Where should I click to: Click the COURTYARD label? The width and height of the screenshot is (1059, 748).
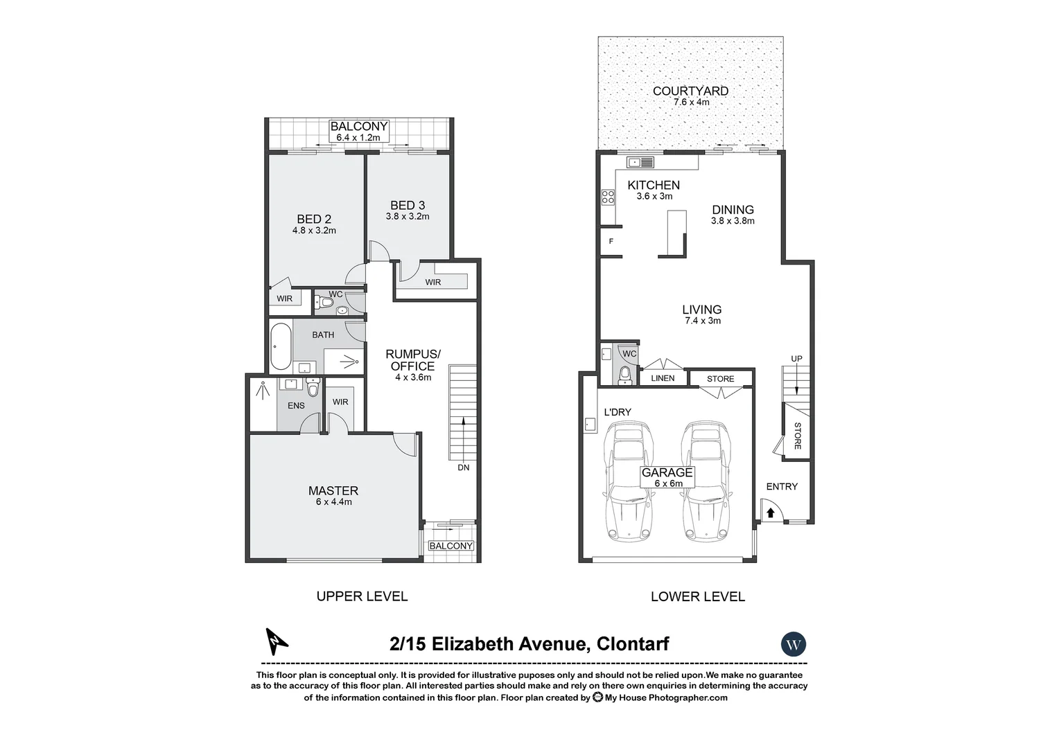(690, 91)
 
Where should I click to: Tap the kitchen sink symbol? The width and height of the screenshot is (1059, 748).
(640, 163)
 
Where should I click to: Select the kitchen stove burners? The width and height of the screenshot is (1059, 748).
(608, 197)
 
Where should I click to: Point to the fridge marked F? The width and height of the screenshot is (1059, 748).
(611, 242)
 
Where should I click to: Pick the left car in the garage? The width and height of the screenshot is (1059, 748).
(629, 481)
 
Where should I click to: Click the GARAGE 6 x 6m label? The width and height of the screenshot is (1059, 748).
(667, 477)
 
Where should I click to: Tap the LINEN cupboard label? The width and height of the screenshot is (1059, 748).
(663, 378)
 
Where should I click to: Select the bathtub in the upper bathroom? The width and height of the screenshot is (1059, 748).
(281, 346)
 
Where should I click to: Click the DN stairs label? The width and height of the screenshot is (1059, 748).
(463, 467)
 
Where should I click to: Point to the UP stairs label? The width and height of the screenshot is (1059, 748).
(796, 358)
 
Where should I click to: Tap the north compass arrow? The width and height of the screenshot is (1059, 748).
(277, 641)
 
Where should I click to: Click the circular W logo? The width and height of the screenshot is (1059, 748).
(794, 644)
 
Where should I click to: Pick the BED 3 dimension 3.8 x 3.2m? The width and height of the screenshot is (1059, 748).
(408, 216)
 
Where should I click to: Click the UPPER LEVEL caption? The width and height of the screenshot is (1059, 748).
(362, 596)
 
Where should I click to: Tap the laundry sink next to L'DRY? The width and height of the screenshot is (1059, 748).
(590, 423)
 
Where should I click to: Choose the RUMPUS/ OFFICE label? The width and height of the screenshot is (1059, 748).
(412, 360)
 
